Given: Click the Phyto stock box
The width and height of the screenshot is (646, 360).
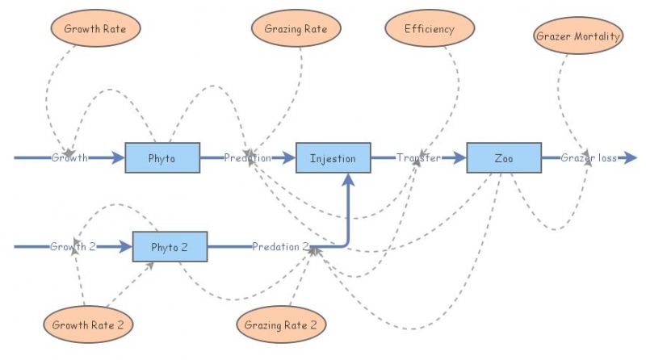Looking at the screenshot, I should (162, 157).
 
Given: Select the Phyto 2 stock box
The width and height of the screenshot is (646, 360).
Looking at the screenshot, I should (170, 246).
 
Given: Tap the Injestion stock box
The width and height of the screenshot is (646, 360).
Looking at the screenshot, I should (333, 157).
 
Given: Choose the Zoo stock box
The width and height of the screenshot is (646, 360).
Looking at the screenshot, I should (504, 157).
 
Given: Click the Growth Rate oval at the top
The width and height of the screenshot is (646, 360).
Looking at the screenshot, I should (94, 29).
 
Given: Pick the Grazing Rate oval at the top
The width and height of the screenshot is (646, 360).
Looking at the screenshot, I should (296, 29).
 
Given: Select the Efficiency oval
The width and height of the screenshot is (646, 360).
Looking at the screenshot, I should (430, 29).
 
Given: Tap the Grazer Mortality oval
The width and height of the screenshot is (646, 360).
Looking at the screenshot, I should (578, 36).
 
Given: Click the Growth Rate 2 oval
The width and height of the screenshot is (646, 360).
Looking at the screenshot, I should (88, 325).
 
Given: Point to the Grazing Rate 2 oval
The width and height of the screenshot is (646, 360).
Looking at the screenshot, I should (282, 325).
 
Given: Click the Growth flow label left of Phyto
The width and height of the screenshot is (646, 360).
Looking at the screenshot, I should (69, 157).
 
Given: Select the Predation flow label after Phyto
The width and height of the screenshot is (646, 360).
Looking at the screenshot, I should (247, 157).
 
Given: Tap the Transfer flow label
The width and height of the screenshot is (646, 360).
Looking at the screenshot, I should (418, 157).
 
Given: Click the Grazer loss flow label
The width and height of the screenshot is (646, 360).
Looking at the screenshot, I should (589, 157).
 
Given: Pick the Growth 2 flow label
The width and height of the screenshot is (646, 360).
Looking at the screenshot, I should (73, 246).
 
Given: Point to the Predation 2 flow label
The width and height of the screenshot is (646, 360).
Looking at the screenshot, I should (280, 246).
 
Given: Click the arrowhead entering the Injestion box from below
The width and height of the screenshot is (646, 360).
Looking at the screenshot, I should (348, 179).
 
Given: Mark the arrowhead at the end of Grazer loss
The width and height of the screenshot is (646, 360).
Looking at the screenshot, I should (631, 157).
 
